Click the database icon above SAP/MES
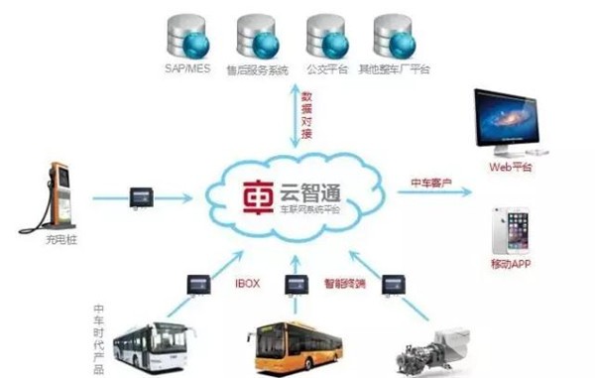click(x=184, y=37)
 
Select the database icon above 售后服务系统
click(x=255, y=37)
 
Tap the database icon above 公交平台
click(x=326, y=37)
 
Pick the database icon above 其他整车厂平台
click(x=395, y=37)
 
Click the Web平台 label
click(x=511, y=168)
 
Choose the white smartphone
click(x=508, y=230)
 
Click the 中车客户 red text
click(x=432, y=183)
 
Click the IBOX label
click(x=246, y=283)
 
